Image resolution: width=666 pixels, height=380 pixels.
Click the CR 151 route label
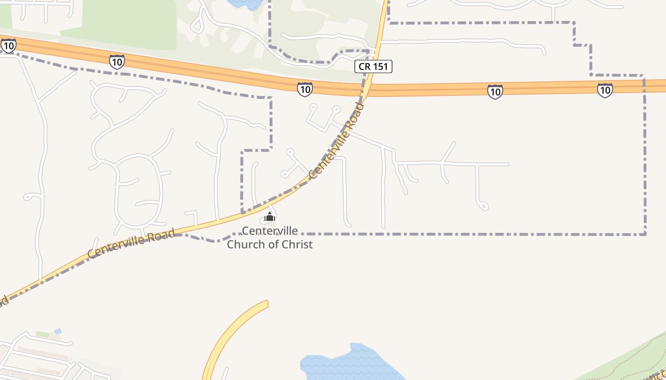tap(373, 66)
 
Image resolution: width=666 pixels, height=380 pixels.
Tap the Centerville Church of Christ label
tap(270, 237)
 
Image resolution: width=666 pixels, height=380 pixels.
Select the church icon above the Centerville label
tap(270, 218)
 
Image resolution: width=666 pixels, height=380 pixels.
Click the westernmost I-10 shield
tap(8, 46)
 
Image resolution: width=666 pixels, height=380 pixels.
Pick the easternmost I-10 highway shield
tap(605, 90)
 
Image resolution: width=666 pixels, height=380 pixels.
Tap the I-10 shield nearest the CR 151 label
tap(305, 89)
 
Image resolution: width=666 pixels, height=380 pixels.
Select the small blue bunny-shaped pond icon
tap(58, 331)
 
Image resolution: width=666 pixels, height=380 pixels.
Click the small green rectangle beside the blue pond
tap(43, 334)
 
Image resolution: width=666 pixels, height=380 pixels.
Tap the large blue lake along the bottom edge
tap(352, 363)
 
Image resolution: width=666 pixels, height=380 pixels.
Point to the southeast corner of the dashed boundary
tap(646, 234)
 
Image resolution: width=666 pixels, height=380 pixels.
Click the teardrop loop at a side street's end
tap(483, 206)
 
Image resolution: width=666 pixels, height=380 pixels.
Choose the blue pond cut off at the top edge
tap(245, 4)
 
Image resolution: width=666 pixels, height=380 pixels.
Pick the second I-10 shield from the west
tap(117, 62)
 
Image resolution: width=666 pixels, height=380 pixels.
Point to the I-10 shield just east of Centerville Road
tap(495, 92)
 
